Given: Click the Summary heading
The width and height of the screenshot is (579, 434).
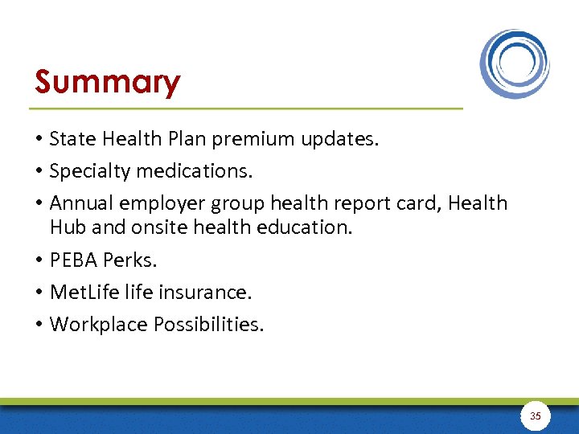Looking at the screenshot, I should (x=107, y=82).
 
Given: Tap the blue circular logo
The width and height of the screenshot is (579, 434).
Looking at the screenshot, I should (x=515, y=63).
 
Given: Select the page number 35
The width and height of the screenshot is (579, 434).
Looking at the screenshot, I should (x=536, y=416).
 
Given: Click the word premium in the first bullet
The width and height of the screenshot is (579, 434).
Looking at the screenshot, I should (x=257, y=139).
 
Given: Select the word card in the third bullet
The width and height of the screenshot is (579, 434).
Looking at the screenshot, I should (x=417, y=203).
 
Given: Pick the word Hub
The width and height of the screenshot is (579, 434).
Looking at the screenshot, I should (x=68, y=227).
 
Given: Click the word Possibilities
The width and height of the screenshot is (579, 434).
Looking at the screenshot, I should (x=207, y=324).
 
